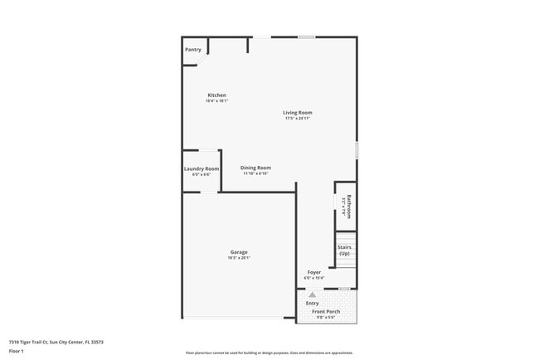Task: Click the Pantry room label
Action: [x=193, y=50]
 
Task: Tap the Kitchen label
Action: [x=216, y=95]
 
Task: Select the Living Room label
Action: [x=298, y=113]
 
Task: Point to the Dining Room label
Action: [x=256, y=168]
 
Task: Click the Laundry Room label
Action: [x=202, y=169]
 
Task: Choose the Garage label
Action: [x=239, y=252]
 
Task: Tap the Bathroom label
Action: [x=349, y=206]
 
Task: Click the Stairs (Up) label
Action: [x=345, y=251]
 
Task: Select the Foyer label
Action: [x=314, y=272]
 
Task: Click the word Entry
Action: [x=313, y=304]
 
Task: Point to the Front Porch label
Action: [x=328, y=312]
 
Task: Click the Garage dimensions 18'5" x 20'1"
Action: [x=239, y=258]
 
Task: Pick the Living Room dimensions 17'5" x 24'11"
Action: [x=298, y=119]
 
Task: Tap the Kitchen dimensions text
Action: [x=216, y=101]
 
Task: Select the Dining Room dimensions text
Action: [x=256, y=173]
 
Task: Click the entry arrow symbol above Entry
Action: [x=313, y=294]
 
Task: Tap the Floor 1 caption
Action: [x=16, y=352]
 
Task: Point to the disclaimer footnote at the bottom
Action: [x=269, y=353]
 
